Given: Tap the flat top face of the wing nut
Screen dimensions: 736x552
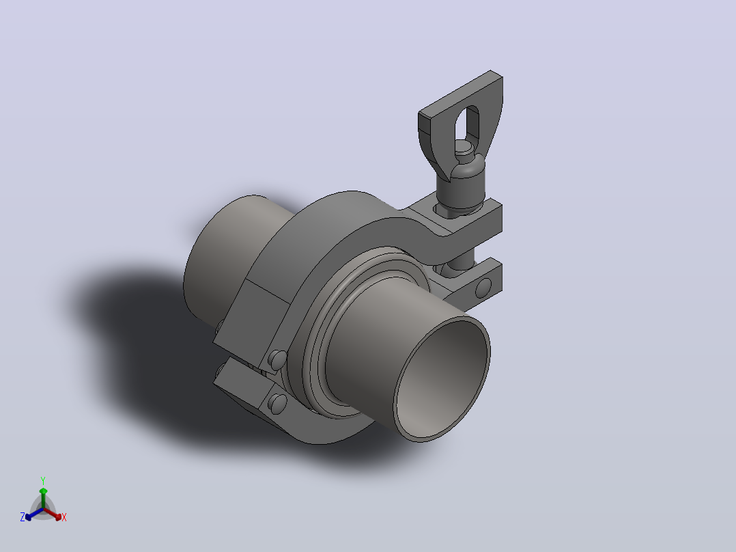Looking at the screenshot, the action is pyautogui.click(x=460, y=94).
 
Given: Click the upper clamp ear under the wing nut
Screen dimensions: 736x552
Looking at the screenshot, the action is pyautogui.click(x=470, y=219).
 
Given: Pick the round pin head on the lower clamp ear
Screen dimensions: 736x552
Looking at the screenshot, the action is pyautogui.click(x=483, y=288).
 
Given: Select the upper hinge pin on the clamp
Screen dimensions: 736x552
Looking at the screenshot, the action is pyautogui.click(x=277, y=360).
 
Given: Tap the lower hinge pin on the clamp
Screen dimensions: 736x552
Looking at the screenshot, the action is pyautogui.click(x=277, y=404).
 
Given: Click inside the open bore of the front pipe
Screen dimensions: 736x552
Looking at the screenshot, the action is pyautogui.click(x=441, y=378).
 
